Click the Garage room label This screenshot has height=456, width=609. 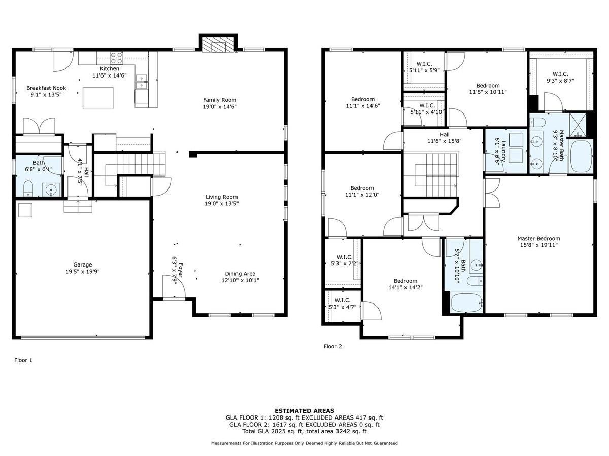[x=82, y=264]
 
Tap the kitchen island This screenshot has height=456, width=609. [x=98, y=98]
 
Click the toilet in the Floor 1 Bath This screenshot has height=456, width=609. [x=28, y=188]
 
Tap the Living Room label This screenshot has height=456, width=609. [x=221, y=197]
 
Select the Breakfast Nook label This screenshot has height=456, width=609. [x=46, y=88]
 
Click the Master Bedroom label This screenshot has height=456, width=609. [x=538, y=239]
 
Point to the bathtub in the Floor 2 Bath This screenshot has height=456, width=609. [x=466, y=302]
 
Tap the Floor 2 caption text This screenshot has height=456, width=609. [x=333, y=347]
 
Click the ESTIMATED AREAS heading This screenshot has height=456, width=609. [x=304, y=411]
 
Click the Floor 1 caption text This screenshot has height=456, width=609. [x=23, y=360]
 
